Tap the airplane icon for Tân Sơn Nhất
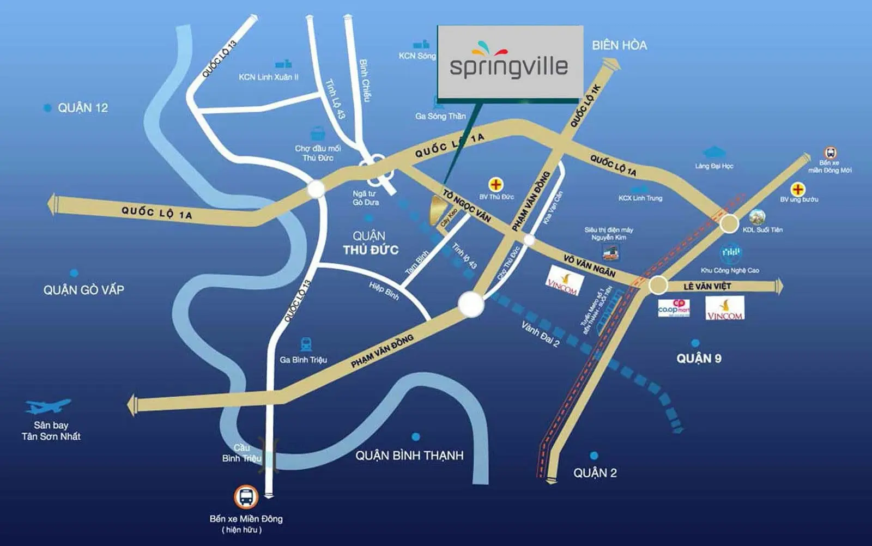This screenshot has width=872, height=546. point(48,407)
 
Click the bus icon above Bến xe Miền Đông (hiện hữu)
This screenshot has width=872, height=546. point(246,497)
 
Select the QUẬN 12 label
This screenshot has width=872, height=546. point(83,108)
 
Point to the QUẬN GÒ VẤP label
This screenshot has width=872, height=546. point(83,290)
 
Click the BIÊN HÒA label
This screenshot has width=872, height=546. point(620,45)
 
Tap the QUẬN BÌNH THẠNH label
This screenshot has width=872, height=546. point(409,456)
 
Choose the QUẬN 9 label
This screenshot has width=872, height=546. point(699,358)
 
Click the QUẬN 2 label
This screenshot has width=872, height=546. point(595,473)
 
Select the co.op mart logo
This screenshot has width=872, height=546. point(674,308)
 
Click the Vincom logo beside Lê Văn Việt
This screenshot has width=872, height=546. point(725,308)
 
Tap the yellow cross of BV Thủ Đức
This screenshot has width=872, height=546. point(496,184)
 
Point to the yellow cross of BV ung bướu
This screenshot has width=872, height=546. point(798,189)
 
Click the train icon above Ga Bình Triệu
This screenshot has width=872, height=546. point(306,344)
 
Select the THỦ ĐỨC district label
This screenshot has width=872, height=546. point(371,250)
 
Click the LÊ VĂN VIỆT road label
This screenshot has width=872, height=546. point(707,286)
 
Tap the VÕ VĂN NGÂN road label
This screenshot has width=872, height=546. point(589,266)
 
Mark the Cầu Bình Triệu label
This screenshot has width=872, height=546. point(241,453)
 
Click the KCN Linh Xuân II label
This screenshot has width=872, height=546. point(269,77)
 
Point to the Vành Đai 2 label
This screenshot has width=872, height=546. point(540,334)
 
